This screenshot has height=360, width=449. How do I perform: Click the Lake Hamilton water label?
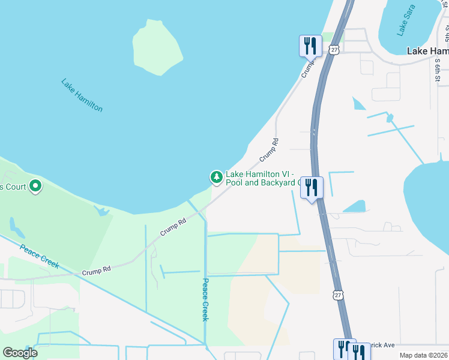tap(82, 95)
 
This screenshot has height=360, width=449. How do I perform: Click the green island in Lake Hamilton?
tap(157, 47)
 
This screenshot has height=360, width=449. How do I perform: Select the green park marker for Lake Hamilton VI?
tap(216, 177)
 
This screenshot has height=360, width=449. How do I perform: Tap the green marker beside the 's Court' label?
tap(35, 187)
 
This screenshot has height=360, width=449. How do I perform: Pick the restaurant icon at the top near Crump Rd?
tap(310, 45)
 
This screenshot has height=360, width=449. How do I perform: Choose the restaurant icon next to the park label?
tap(312, 187)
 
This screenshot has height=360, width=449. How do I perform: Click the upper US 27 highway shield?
tap(334, 50)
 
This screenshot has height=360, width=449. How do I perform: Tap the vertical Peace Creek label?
tap(205, 299)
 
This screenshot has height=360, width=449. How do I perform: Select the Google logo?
tap(20, 353)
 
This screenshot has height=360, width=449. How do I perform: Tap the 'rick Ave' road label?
tap(382, 346)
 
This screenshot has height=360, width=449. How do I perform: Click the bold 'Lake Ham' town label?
tap(427, 51)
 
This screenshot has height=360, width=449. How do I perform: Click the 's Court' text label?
tap(13, 187)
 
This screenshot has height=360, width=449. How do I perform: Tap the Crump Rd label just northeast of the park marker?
tap(270, 150)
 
